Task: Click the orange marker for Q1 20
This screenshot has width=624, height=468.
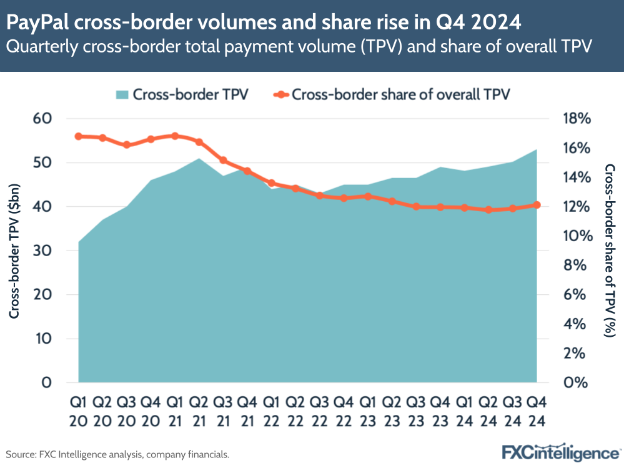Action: (x=79, y=136)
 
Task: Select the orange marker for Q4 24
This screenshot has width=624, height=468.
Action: (x=536, y=205)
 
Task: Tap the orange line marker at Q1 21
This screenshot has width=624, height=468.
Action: (x=175, y=136)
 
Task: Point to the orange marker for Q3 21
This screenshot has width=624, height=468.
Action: (x=223, y=161)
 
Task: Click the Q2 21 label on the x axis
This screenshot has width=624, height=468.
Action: (x=199, y=411)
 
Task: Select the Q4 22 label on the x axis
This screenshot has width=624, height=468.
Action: (x=344, y=411)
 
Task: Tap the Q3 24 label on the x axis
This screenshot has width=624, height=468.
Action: (x=512, y=411)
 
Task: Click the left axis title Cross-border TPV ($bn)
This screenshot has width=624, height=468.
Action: (x=15, y=251)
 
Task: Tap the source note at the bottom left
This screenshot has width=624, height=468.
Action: (x=117, y=454)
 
